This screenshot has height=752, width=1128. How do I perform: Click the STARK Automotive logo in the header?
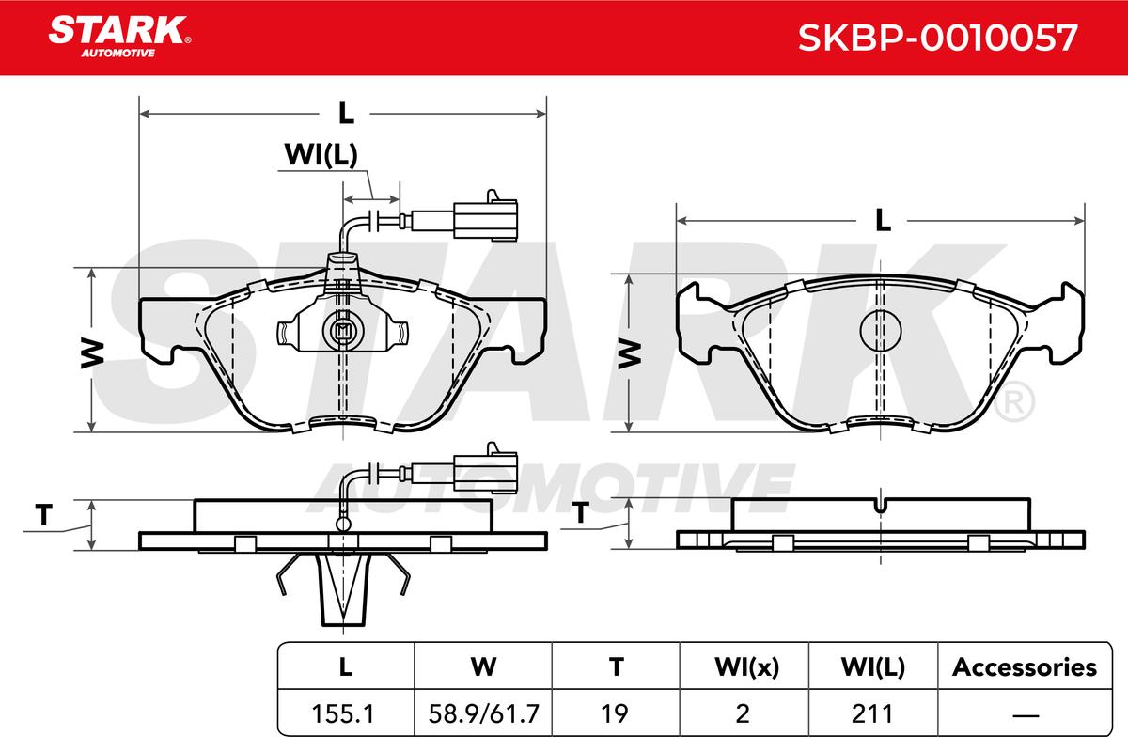[120, 37]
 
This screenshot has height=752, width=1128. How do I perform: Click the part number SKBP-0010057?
[938, 38]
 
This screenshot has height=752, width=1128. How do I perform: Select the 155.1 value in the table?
[343, 713]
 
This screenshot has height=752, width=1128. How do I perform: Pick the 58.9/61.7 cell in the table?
[483, 713]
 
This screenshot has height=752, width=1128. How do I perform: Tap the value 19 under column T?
[615, 713]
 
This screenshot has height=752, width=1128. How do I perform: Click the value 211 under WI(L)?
[872, 713]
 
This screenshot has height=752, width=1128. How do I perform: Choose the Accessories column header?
[1025, 667]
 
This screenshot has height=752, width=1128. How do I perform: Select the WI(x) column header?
[746, 667]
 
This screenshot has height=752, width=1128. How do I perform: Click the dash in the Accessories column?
[1026, 714]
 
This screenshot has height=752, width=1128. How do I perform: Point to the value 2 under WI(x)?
[743, 713]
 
